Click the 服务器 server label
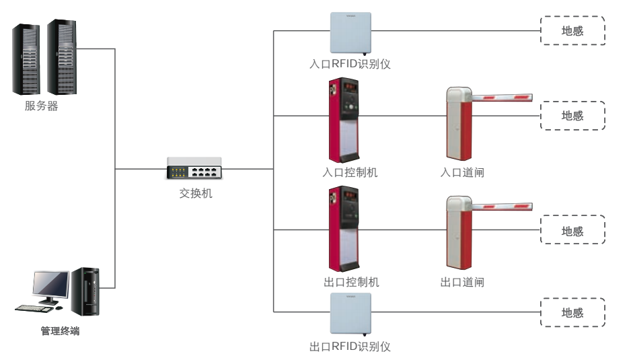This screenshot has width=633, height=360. tap(42, 106)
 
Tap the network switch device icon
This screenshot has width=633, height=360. tap(194, 168)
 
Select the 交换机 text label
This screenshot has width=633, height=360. tap(196, 193)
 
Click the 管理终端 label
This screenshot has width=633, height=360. tap(60, 331)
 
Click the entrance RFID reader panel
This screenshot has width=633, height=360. tap(350, 33)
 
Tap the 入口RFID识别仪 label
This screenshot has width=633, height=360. tap(350, 65)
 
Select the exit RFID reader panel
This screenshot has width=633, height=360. tap(350, 314)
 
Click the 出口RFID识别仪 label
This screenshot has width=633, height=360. tap(350, 347)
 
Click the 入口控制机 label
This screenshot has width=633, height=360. tap(350, 172)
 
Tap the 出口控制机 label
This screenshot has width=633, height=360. tap(350, 282)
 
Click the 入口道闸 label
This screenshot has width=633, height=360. tap(462, 172)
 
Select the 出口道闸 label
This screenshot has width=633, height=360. tap(462, 282)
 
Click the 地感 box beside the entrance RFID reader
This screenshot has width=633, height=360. tap(572, 31)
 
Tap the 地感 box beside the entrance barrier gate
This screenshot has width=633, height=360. tap(572, 116)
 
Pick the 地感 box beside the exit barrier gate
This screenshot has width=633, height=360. tap(572, 231)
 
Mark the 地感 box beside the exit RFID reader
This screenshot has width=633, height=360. tap(572, 312)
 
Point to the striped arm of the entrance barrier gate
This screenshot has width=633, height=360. tap(501, 97)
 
